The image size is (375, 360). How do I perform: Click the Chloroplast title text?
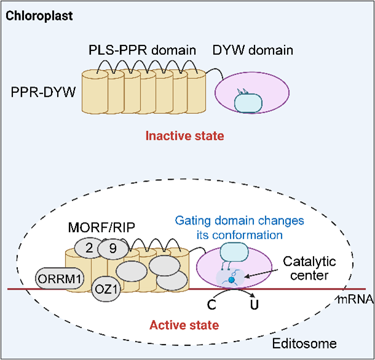[40, 15]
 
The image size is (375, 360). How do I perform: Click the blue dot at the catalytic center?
[232, 279]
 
